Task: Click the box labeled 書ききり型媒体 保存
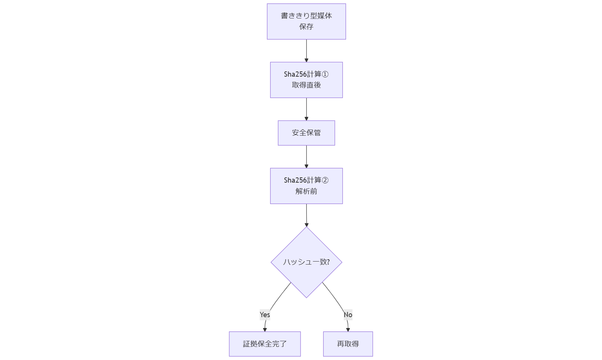tap(306, 21)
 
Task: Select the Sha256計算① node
tap(306, 80)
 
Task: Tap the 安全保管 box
tap(306, 133)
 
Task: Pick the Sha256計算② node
tap(306, 186)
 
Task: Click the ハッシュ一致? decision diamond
tap(306, 262)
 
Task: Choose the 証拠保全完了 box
tap(265, 344)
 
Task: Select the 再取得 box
tap(348, 344)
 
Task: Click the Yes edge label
tap(265, 315)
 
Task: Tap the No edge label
tap(348, 315)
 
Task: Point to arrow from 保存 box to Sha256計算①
tap(306, 50)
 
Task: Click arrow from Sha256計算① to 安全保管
tap(306, 109)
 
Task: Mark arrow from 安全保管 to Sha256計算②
tap(306, 156)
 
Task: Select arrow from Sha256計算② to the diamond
tap(306, 215)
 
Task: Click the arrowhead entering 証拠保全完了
tap(265, 330)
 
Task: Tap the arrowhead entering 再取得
tap(348, 330)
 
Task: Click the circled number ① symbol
tap(325, 74)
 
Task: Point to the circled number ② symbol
tap(325, 180)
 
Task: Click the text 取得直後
tap(306, 85)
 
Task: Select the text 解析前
tap(306, 191)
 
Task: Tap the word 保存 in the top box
tap(306, 27)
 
